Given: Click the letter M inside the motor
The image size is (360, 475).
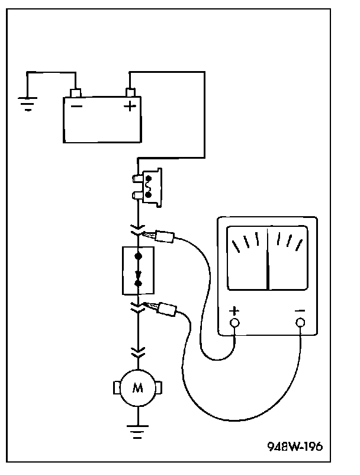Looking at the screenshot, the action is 138,387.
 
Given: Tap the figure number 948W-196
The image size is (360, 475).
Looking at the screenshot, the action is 295,446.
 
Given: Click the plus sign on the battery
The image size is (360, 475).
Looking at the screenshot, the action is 130,107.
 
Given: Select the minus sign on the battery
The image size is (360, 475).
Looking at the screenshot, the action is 76,106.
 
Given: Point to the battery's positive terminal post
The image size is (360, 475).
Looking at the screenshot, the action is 130,92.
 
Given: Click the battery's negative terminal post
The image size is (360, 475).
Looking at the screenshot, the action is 75,93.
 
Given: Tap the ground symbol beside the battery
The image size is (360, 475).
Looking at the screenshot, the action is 28,104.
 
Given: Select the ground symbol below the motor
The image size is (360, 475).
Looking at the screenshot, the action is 138,432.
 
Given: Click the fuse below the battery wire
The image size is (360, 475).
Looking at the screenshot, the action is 147,187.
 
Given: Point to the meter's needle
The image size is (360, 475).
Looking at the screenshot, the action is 268,259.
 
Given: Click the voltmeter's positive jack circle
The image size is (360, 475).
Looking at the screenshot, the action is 234,323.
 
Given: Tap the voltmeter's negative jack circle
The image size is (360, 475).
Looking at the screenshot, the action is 300,323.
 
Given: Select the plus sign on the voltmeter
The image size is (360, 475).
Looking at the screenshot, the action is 234,311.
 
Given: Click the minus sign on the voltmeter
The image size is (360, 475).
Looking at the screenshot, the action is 300,311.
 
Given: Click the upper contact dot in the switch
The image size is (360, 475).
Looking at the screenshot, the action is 139,256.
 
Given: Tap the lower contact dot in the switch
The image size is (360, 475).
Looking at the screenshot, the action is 139,284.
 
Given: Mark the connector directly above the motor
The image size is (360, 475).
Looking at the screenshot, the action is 138,352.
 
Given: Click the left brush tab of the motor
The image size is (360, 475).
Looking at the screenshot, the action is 116,388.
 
